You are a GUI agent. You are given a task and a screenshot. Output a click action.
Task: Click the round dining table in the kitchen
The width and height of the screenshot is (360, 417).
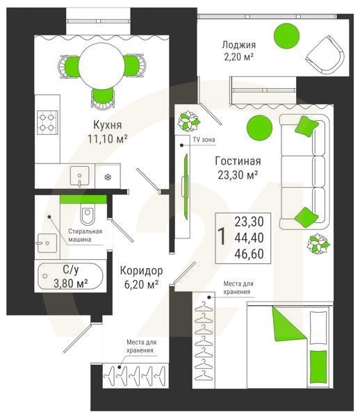coord(101,66)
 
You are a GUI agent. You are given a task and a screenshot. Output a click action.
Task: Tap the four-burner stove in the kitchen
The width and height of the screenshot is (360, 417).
coord(47,122)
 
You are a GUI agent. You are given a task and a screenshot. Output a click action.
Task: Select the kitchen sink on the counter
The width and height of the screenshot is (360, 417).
coord(79,176)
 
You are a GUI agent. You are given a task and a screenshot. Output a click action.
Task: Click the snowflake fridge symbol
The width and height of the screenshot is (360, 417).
coord(108,177)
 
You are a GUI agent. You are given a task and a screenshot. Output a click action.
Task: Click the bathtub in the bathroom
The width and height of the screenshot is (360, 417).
coord(70,277)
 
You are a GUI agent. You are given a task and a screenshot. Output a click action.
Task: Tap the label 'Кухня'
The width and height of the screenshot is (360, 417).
coord(108,124)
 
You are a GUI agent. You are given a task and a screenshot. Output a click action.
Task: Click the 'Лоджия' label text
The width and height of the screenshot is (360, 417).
coord(239,44)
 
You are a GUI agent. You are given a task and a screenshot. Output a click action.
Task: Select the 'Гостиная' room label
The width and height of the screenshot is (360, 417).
coord(238,161)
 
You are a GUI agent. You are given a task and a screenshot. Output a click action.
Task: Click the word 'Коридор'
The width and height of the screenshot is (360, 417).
coord(142,270)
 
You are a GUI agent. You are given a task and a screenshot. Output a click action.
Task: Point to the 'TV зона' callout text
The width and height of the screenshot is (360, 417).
coord(204,140)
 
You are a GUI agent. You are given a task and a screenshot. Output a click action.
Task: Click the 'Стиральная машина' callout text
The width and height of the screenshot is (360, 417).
coord(85,235)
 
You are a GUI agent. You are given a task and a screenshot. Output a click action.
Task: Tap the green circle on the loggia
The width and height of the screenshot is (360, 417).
coord(286,36)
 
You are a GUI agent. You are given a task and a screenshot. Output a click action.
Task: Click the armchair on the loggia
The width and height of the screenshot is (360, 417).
coord(325,55)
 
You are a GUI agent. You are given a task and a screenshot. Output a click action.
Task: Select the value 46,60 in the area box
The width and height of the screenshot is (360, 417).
coord(249,254)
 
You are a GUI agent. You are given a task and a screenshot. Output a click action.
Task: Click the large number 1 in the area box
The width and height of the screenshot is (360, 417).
coord(222,237)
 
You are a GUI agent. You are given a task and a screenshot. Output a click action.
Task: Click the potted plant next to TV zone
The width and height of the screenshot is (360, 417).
coord(189,121)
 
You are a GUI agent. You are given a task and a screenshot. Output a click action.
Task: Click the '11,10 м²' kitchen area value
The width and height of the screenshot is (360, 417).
coord(108,138)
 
